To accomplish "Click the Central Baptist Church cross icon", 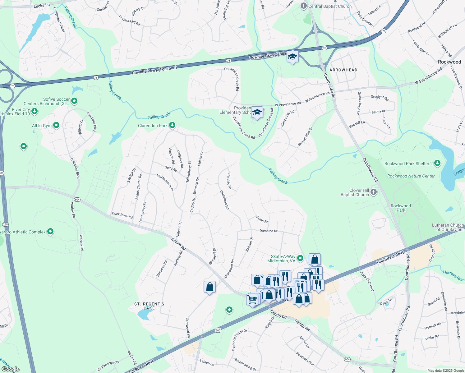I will [x=304, y=6].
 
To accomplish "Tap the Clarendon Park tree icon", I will [x=172, y=125].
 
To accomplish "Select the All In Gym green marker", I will [x=56, y=125].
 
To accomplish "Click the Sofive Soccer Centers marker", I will [x=74, y=101].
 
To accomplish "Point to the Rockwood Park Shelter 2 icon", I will [x=437, y=163].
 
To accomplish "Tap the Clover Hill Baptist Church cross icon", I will [x=374, y=192].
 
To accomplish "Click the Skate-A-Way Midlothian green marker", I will [x=300, y=258].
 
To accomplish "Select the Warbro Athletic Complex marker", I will [x=50, y=232].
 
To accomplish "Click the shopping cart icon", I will [x=252, y=300].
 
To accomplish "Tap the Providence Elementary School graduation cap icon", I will [x=257, y=112].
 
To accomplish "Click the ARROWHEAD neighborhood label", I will [x=343, y=70].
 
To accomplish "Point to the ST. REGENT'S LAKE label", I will [x=149, y=306].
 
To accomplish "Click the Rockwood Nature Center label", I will [x=411, y=176].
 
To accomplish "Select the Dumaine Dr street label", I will [x=268, y=231].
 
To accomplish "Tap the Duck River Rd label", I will [x=122, y=215].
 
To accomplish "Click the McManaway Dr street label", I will [x=165, y=182].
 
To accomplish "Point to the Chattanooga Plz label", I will [x=108, y=366].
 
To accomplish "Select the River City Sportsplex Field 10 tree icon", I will [x=35, y=111].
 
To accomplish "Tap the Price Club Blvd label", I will [x=367, y=281].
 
